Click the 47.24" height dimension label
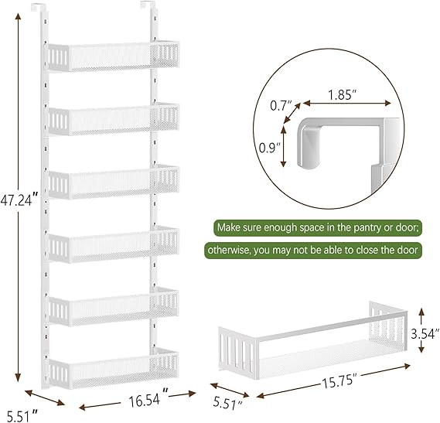pyautogui.click(x=19, y=200)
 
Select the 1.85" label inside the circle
pyautogui.click(x=343, y=95)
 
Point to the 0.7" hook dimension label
pyautogui.click(x=281, y=106)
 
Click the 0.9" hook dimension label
pyautogui.click(x=270, y=148)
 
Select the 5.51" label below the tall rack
pyautogui.click(x=22, y=415)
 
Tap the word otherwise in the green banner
pyautogui.click(x=229, y=250)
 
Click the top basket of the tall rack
pyautogui.click(x=114, y=56)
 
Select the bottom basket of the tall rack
pyautogui.click(x=114, y=369)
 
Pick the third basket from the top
pyautogui.click(x=114, y=182)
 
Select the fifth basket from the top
pyautogui.click(x=114, y=306)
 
